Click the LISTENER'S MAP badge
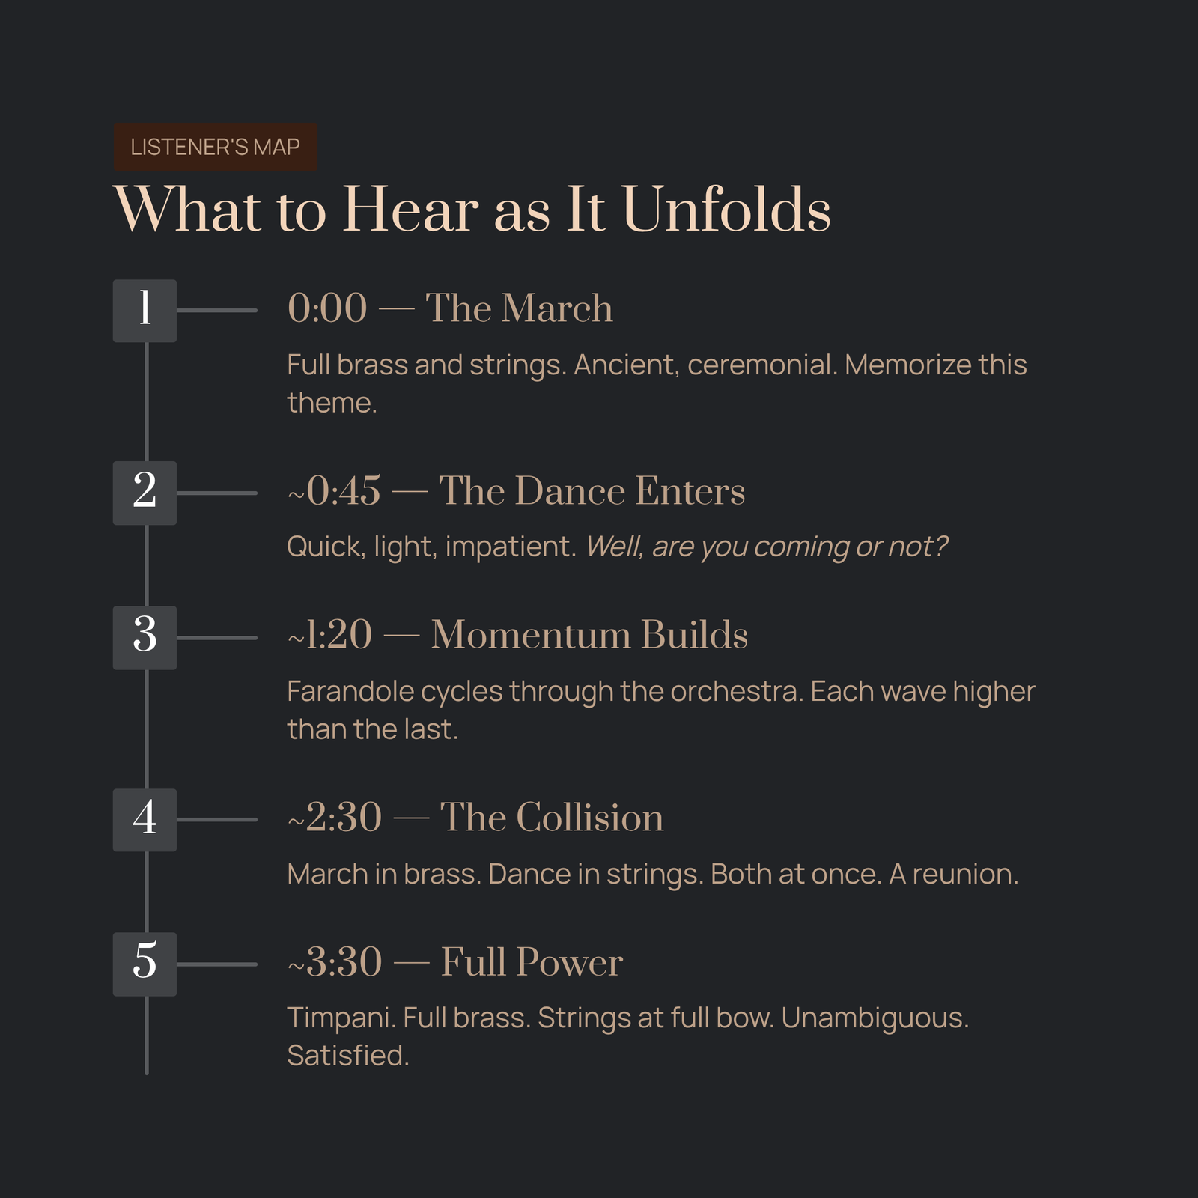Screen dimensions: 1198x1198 tap(215, 147)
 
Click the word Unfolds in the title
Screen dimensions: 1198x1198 tap(726, 210)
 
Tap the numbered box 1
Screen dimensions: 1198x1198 tap(145, 311)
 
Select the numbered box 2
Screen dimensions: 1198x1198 tap(145, 493)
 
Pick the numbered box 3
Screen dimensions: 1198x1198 tap(145, 637)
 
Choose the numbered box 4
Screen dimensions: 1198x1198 tap(145, 820)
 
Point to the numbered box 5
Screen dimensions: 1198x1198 tap(145, 964)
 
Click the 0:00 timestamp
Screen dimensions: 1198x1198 tap(327, 308)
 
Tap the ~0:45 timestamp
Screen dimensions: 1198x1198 tap(334, 491)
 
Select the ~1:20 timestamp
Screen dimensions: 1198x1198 tap(329, 635)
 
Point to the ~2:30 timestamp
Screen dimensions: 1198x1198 tap(335, 818)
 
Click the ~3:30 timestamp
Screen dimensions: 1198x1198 tap(335, 962)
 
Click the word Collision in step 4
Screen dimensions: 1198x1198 tap(589, 817)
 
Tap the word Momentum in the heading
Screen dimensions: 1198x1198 tap(531, 635)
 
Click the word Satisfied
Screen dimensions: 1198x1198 tap(348, 1056)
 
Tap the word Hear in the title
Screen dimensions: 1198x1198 tap(410, 210)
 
